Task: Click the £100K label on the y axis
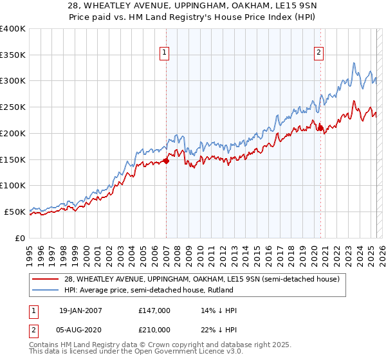click(x=14, y=186)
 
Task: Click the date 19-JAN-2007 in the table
click(x=80, y=311)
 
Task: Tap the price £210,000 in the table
click(x=154, y=330)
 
